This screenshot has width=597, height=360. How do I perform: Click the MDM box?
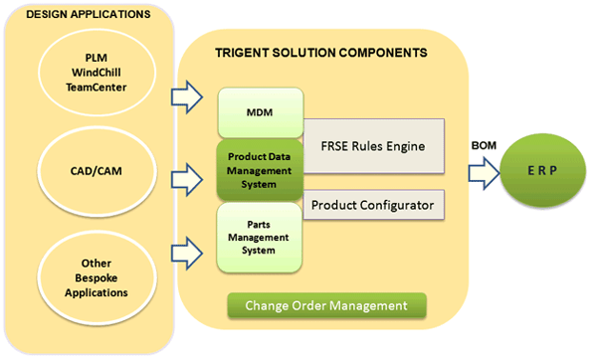(x=261, y=112)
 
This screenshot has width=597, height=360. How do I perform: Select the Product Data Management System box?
(x=260, y=170)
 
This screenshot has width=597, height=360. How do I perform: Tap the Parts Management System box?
(x=260, y=238)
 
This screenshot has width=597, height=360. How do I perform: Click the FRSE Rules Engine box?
(x=373, y=146)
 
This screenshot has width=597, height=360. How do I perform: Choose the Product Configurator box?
(x=373, y=205)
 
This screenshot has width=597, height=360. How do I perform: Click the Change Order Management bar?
(x=326, y=305)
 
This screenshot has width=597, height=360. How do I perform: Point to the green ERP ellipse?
(x=542, y=170)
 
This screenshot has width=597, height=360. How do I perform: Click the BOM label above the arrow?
(x=484, y=145)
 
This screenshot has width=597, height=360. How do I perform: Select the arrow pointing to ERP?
(x=484, y=173)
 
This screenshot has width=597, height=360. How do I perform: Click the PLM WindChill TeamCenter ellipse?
(x=97, y=73)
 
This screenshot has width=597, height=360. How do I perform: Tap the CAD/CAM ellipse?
(x=97, y=171)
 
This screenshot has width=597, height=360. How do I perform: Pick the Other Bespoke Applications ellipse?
(x=97, y=278)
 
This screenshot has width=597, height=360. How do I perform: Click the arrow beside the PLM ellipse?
(x=187, y=97)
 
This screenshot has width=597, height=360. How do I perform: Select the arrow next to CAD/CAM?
(x=187, y=180)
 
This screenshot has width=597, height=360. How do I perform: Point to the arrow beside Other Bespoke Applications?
(x=187, y=253)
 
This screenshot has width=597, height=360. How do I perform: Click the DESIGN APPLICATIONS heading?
(x=89, y=15)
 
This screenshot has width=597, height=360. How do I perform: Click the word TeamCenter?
(x=97, y=88)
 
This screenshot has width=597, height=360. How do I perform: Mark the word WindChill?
(x=97, y=73)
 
